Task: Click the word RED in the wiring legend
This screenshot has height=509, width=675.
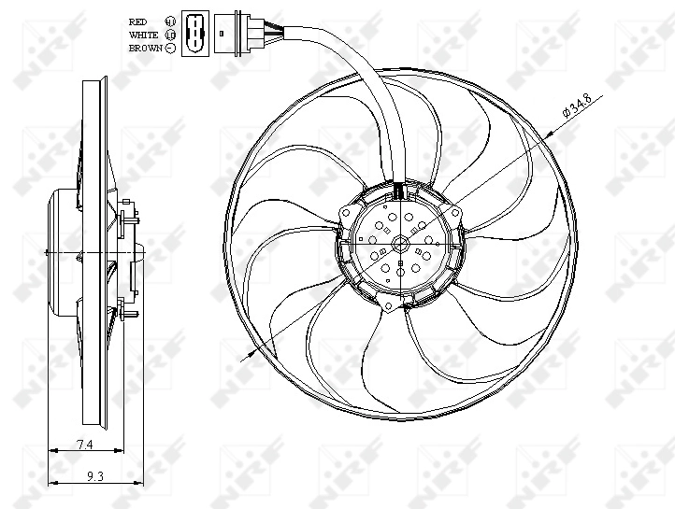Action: point(137,20)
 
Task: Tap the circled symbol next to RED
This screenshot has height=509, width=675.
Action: point(170,20)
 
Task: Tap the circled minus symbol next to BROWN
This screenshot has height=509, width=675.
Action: point(170,47)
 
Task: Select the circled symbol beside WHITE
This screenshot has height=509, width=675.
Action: point(170,34)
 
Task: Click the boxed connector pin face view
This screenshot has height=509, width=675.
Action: point(194,33)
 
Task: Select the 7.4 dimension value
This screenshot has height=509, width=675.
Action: point(85,443)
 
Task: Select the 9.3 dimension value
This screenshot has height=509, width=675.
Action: point(93,475)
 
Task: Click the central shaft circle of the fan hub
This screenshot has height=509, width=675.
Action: point(400,246)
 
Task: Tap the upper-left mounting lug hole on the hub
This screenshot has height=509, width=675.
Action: point(347,213)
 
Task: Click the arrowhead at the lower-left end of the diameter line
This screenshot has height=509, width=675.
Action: point(251,356)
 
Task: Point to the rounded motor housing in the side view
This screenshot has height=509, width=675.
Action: point(61,253)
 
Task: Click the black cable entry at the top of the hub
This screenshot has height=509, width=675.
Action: point(399,191)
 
